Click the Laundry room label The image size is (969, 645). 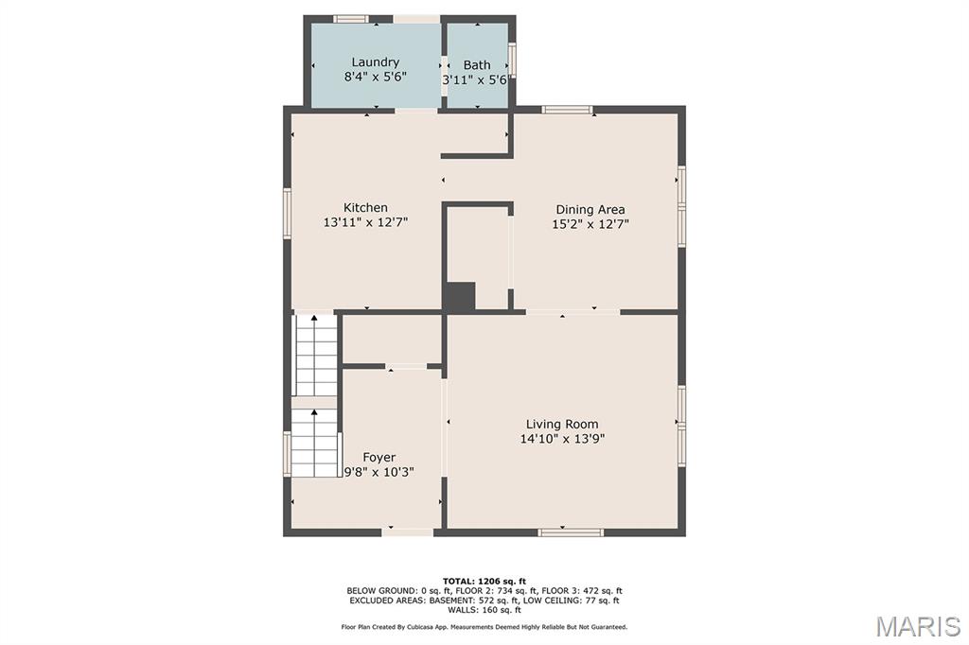[375, 61]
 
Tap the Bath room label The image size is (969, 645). [477, 64]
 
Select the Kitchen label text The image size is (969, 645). [365, 207]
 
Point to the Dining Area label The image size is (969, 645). [590, 209]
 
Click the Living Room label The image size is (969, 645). [562, 424]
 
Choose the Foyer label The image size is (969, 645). [379, 457]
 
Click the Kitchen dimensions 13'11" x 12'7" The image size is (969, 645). [365, 222]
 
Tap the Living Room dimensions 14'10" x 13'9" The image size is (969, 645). [562, 439]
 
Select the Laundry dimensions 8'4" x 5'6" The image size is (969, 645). [375, 77]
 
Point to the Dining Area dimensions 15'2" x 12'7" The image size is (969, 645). [590, 224]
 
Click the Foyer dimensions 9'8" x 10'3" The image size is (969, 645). [379, 472]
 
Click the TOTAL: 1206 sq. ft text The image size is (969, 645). [484, 581]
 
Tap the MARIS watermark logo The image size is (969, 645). [918, 626]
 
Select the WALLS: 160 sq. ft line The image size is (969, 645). [484, 610]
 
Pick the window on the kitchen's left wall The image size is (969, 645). [288, 213]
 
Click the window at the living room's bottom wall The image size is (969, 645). [571, 532]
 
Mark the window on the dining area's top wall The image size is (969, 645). [568, 110]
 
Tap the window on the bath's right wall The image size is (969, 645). [512, 60]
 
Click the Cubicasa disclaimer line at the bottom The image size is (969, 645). [484, 627]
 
